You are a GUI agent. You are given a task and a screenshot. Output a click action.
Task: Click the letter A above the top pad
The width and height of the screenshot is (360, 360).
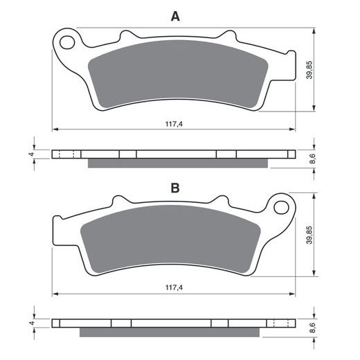click(x=175, y=17)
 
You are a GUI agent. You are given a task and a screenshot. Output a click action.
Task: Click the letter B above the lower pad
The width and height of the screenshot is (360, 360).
click(x=175, y=188)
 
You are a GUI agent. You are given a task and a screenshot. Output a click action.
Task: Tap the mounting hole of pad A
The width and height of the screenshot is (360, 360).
click(x=67, y=42)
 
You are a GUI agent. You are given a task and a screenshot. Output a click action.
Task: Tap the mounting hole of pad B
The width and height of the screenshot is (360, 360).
click(x=281, y=207)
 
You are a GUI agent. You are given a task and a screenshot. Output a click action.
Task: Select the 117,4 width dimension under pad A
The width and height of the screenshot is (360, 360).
click(x=174, y=124)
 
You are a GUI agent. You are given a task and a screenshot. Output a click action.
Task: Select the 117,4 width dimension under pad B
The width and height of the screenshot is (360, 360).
click(x=174, y=287)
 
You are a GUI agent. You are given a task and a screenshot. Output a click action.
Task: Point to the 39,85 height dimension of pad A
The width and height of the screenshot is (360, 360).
click(x=309, y=70)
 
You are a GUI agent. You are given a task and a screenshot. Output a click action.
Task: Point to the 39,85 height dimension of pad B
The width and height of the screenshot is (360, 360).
click(x=309, y=235)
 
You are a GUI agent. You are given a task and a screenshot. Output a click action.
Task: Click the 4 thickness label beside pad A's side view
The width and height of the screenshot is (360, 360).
click(x=32, y=154)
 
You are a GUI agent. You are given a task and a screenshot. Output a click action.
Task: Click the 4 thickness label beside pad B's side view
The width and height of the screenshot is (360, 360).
click(x=32, y=323)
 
